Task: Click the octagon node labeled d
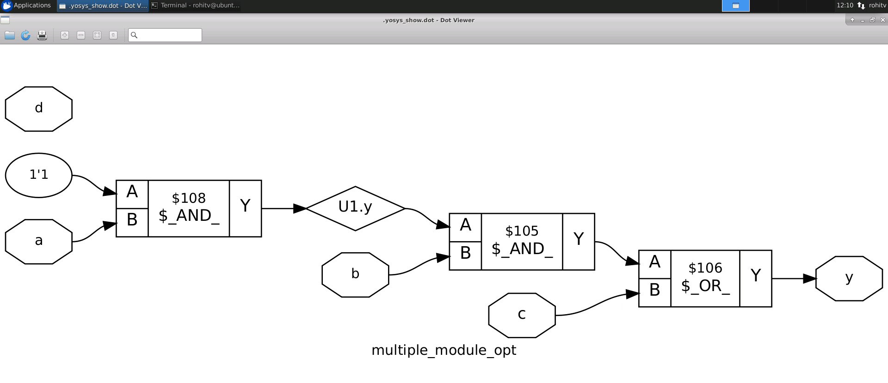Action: pyautogui.click(x=39, y=109)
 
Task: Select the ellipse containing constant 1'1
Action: pyautogui.click(x=39, y=175)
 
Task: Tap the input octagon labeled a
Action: pyautogui.click(x=39, y=241)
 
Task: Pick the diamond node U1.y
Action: pyautogui.click(x=355, y=208)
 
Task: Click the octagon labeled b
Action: pyautogui.click(x=355, y=274)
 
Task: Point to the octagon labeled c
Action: pyautogui.click(x=522, y=315)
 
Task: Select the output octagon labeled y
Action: pyautogui.click(x=849, y=278)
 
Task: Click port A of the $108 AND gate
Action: pyautogui.click(x=132, y=194)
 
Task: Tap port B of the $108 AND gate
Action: pyautogui.click(x=132, y=222)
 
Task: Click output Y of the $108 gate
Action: pyautogui.click(x=245, y=208)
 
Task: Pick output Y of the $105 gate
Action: pyautogui.click(x=578, y=241)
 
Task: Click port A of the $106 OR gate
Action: pyautogui.click(x=654, y=264)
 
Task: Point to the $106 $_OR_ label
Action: pyautogui.click(x=705, y=278)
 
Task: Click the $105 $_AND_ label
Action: pyautogui.click(x=522, y=241)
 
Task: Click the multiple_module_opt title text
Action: pyautogui.click(x=444, y=350)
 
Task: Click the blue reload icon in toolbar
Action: pyautogui.click(x=25, y=35)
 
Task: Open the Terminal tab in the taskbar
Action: pyautogui.click(x=196, y=6)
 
